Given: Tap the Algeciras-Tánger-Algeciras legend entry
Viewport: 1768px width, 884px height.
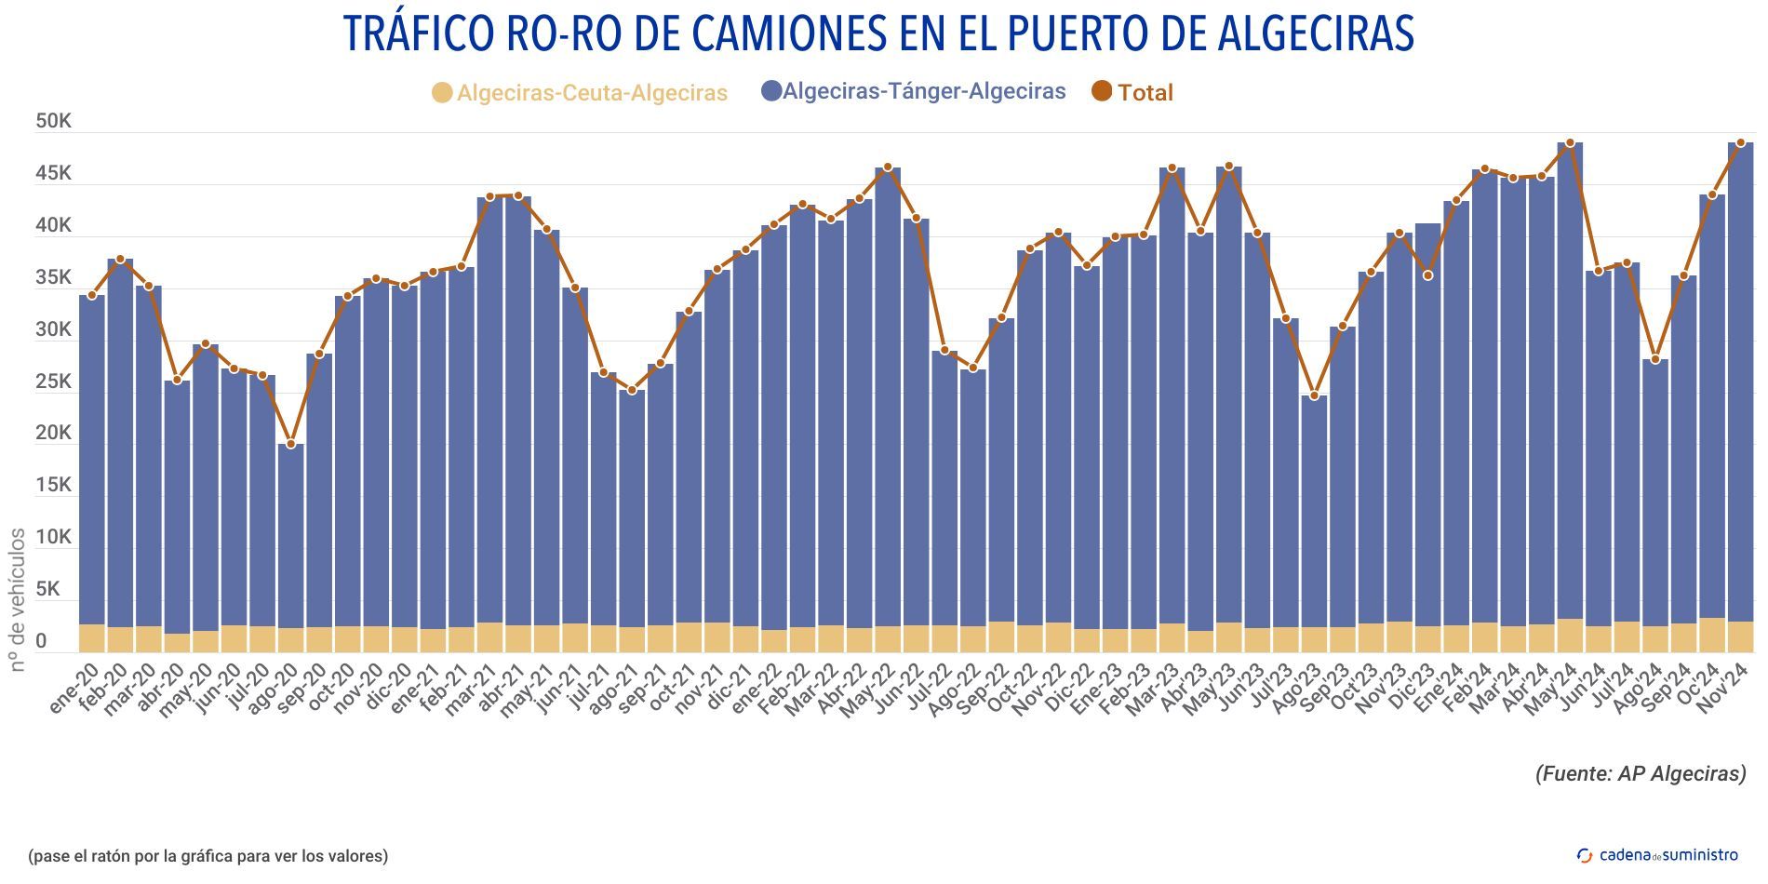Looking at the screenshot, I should tap(913, 91).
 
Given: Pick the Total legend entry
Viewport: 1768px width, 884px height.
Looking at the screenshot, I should tap(1132, 92).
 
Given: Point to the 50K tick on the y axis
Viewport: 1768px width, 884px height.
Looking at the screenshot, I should tap(53, 121).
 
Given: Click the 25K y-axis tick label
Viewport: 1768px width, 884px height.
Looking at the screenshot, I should tap(53, 382).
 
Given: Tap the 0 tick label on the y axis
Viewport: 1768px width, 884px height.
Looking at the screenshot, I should tap(41, 641).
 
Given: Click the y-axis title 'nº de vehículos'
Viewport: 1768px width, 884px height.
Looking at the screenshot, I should tap(18, 600).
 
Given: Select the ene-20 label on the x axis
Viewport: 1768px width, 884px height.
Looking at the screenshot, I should tap(74, 689).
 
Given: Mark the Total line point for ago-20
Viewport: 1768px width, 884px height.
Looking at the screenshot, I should tap(291, 445).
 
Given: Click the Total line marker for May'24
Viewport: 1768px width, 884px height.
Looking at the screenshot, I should tap(1570, 143).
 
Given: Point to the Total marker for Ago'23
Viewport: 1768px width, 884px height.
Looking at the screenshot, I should tap(1315, 396).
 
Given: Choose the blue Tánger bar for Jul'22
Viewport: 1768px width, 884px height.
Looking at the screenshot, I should tap(944, 484).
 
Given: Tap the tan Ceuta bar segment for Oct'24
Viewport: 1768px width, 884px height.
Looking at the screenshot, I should tap(1712, 635).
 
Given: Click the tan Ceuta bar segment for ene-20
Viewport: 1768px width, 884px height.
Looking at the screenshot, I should tap(92, 638).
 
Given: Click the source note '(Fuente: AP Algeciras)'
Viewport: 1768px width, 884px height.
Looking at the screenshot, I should tap(1641, 773).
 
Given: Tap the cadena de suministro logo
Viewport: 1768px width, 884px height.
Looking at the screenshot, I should tap(1657, 855).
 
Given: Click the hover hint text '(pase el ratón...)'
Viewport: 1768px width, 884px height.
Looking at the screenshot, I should tap(208, 856).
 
